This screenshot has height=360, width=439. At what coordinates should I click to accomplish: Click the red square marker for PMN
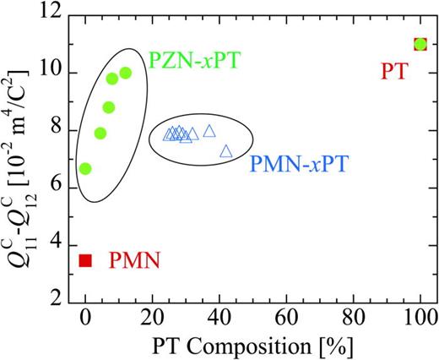tap(85, 260)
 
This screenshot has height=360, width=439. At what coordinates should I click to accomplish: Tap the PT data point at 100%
tap(420, 44)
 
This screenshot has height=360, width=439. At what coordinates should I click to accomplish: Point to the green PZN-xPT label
tap(192, 60)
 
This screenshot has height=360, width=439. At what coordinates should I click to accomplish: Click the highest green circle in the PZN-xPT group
tap(126, 73)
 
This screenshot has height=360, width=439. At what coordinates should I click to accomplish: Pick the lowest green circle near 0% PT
tap(85, 168)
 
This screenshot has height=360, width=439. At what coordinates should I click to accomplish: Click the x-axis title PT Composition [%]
tap(252, 346)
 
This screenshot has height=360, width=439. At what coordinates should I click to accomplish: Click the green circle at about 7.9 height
tap(100, 133)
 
